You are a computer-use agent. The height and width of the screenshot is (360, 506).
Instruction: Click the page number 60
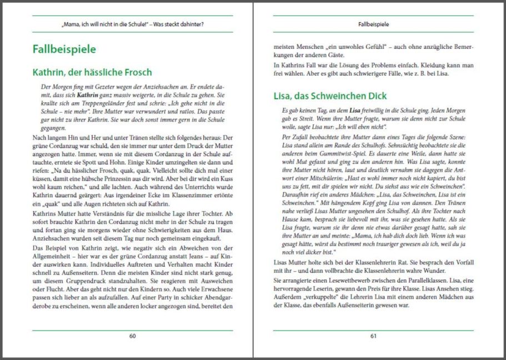click(132, 336)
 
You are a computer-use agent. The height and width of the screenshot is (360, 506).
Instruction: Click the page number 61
click(373, 336)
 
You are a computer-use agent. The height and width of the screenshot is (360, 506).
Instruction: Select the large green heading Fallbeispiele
click(64, 49)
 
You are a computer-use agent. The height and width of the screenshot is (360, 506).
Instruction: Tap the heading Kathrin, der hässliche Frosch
click(92, 72)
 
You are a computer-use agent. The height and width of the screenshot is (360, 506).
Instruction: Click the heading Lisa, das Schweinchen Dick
click(330, 96)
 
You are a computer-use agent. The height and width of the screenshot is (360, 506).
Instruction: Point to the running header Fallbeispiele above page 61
click(373, 24)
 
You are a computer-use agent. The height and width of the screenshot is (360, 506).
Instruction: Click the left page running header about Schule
click(132, 24)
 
